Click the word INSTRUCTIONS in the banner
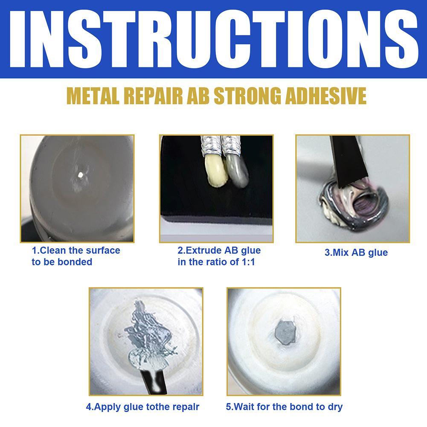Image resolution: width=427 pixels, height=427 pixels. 213,39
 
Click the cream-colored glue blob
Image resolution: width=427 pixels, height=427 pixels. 213,170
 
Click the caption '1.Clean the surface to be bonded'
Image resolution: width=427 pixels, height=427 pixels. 76,256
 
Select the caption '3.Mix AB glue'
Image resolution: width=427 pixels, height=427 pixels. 356,253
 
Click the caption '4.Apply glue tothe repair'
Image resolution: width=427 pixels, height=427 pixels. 142,407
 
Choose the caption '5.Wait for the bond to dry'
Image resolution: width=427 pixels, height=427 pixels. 284,407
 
